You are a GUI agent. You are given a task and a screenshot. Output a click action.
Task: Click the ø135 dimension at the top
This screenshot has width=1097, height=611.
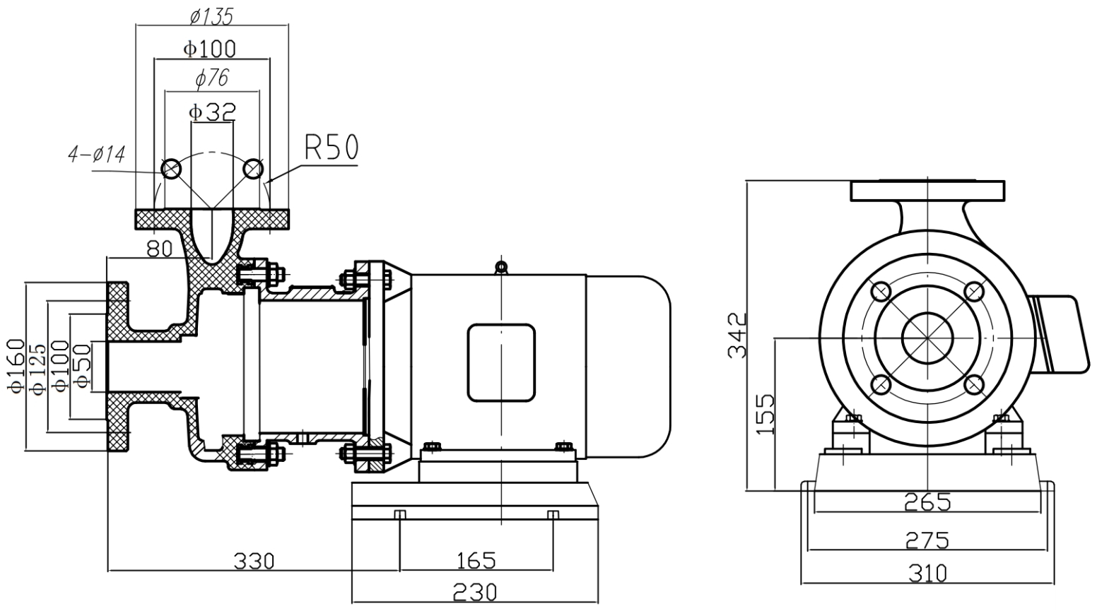[211, 15]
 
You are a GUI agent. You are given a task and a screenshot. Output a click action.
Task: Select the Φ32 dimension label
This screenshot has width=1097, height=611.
[212, 111]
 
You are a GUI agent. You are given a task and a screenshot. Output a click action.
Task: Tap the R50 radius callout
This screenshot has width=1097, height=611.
[332, 148]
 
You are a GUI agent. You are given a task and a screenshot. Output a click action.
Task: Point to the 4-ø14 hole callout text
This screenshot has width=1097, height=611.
[97, 154]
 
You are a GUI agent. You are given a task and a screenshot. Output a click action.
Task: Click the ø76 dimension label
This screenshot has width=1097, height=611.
[212, 78]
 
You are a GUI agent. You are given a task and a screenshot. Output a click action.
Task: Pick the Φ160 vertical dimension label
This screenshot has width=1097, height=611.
[16, 366]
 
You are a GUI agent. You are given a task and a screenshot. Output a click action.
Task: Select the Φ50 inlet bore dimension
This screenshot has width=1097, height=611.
[82, 366]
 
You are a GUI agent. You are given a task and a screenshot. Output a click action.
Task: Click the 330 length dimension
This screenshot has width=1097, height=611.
[254, 561]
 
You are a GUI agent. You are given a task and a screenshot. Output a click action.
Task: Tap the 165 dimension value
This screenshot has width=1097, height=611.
[476, 561]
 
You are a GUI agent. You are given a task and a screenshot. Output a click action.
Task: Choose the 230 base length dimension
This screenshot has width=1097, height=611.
[475, 592]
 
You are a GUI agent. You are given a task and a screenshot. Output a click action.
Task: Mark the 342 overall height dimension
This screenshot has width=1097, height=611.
[737, 336]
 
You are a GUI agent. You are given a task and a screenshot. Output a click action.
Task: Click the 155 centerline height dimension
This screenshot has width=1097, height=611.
[765, 414]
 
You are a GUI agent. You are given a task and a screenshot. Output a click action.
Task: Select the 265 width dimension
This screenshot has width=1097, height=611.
[927, 502]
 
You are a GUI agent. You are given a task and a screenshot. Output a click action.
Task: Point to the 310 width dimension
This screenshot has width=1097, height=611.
[927, 573]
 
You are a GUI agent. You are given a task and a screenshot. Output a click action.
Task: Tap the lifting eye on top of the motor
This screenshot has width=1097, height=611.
[500, 266]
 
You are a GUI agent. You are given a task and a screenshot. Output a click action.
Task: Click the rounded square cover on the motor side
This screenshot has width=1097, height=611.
[500, 362]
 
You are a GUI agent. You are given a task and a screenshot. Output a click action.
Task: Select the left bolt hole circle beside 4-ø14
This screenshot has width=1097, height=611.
[171, 169]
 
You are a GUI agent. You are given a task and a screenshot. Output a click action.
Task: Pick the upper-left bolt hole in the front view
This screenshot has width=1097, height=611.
[881, 291]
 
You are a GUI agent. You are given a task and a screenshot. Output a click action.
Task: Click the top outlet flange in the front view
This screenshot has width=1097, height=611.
[927, 191]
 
